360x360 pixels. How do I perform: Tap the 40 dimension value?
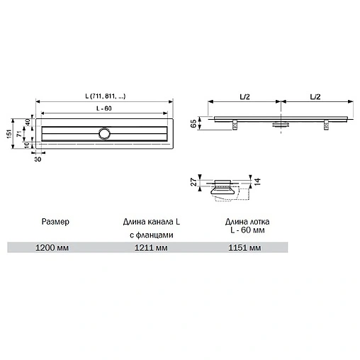click(x=28, y=123)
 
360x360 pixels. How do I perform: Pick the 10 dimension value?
click(x=28, y=145)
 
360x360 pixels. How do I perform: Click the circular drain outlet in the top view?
click(x=106, y=133)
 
